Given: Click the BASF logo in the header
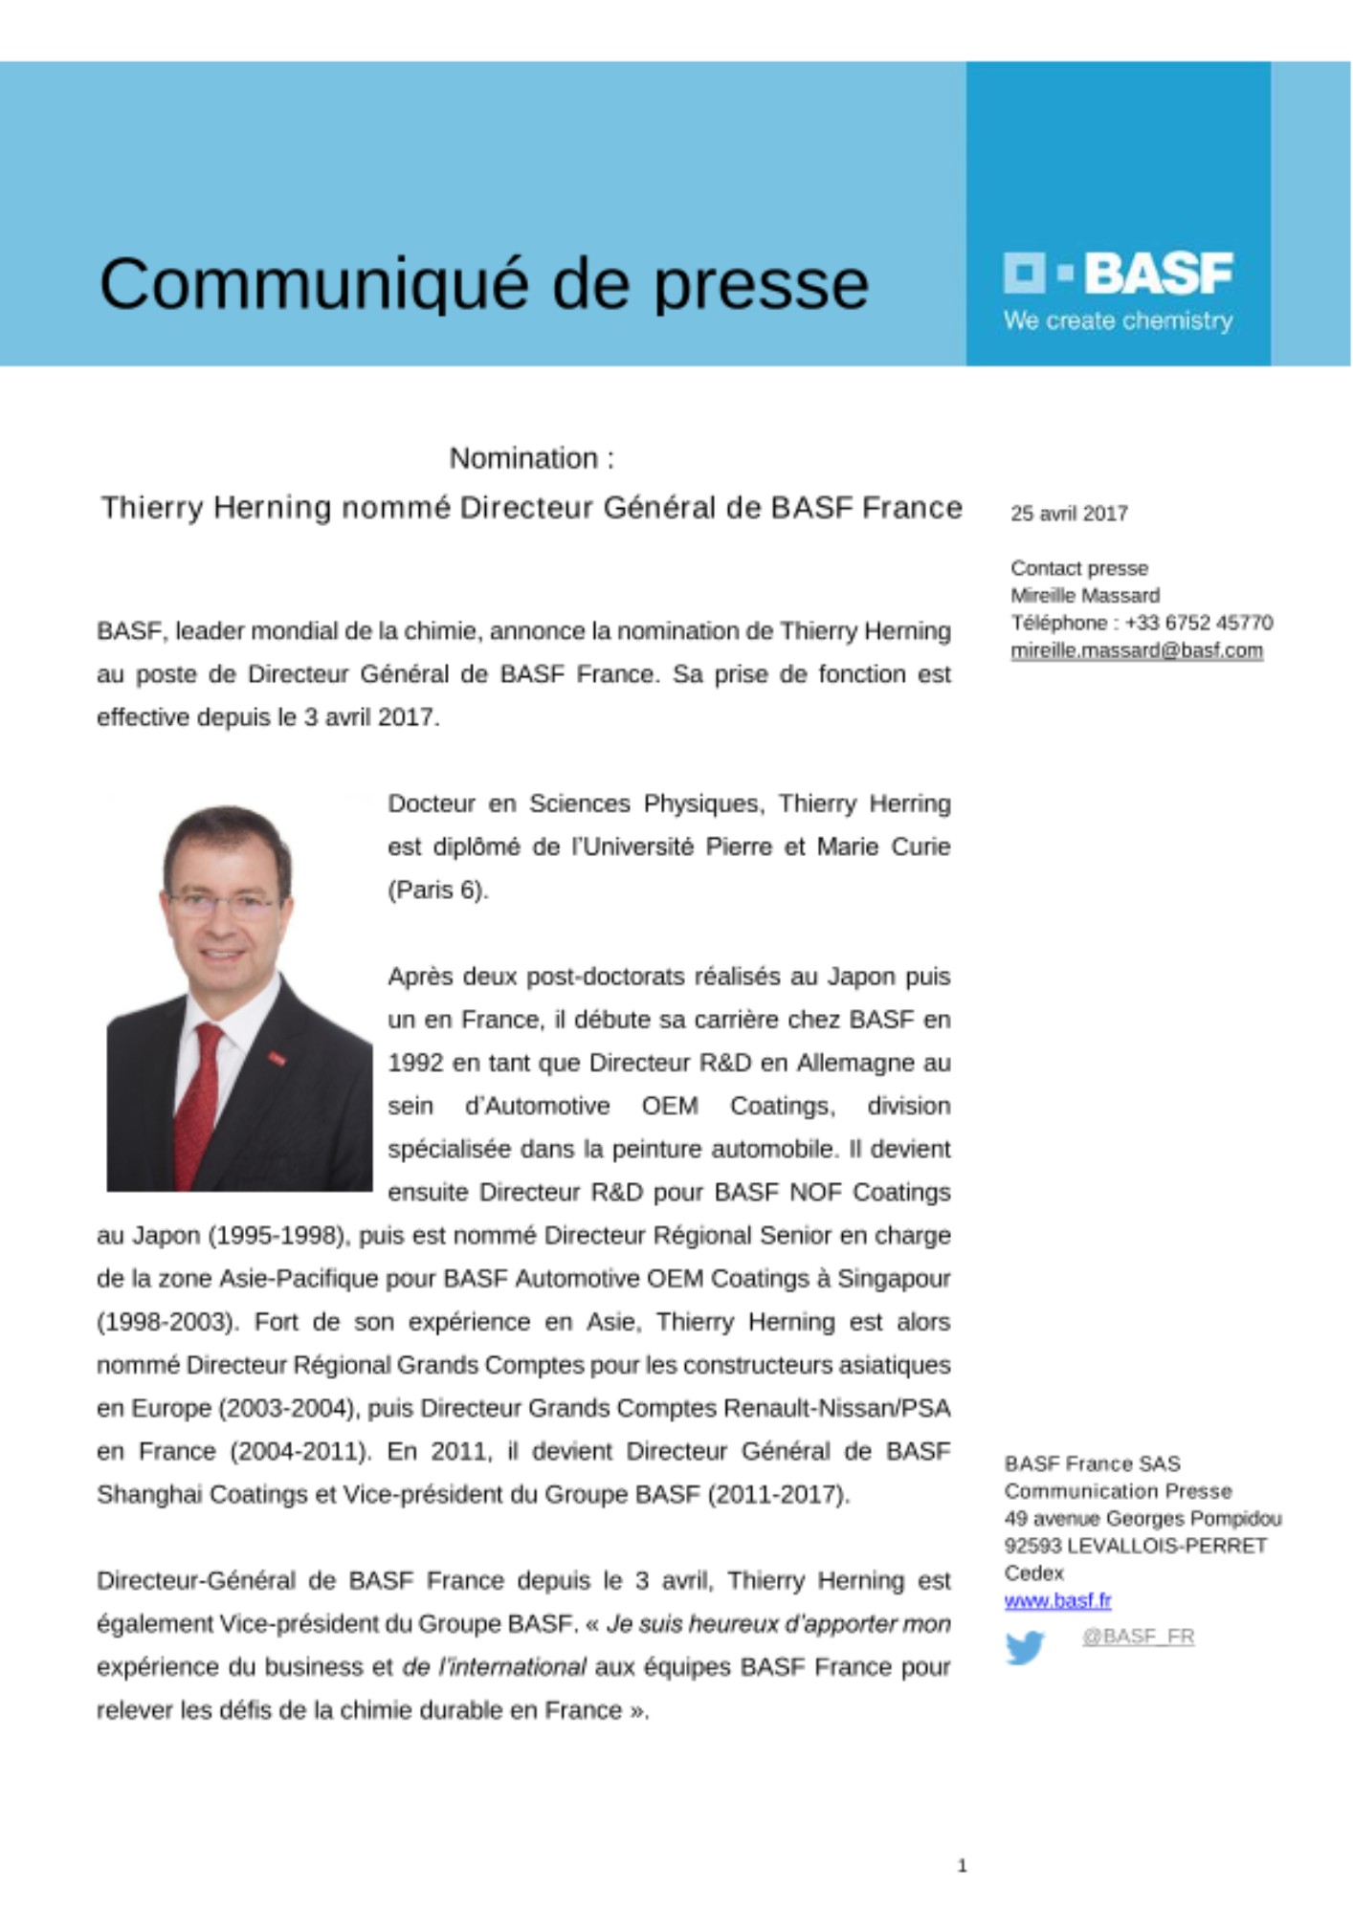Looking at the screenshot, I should (x=1118, y=274).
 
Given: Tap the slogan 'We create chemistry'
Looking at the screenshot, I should (x=1118, y=321).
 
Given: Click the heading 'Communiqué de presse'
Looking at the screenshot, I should (x=483, y=284).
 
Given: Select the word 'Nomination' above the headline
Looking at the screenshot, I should (x=523, y=459).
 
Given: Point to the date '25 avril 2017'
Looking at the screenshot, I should (x=1069, y=514).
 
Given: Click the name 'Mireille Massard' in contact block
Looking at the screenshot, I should (x=1085, y=596).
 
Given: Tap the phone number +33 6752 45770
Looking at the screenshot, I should (x=1198, y=623).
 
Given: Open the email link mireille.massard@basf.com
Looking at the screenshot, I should (x=1137, y=650).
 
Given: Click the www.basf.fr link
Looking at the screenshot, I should (x=1057, y=1600).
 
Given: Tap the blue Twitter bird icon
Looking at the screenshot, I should (x=1025, y=1647).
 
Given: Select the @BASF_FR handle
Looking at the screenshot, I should (x=1138, y=1637).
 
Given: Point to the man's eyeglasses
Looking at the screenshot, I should (x=223, y=903).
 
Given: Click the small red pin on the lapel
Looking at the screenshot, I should (x=276, y=1057).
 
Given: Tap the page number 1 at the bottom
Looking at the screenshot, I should (x=962, y=1865).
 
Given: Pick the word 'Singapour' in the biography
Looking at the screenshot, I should (x=894, y=1279).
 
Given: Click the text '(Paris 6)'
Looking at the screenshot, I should (x=437, y=891).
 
